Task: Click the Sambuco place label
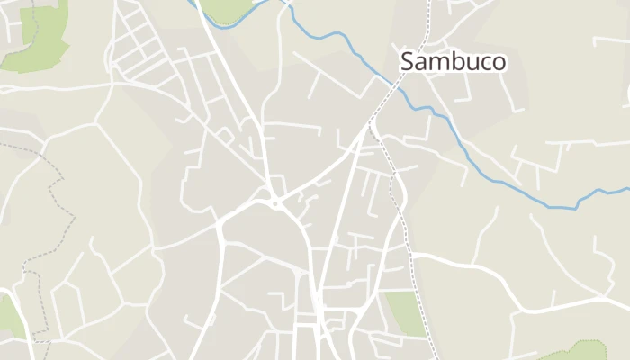click(453, 61)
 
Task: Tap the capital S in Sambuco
click(408, 61)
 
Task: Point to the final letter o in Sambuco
click(498, 62)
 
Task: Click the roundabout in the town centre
click(274, 202)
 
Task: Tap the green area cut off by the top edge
click(229, 9)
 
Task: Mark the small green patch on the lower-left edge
click(9, 315)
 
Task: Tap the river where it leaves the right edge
click(625, 191)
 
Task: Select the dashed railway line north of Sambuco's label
click(427, 22)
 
